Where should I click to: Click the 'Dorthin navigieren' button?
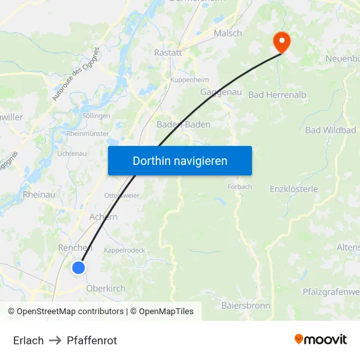point(180,160)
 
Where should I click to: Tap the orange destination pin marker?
point(282,43)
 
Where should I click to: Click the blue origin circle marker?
point(79,267)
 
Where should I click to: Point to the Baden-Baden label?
point(183,124)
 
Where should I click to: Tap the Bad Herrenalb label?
point(278,95)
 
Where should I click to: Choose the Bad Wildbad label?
point(331,130)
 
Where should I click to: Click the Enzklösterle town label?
point(294,189)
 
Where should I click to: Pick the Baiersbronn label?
point(246,305)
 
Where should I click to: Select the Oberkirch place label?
point(105,288)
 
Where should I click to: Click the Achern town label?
point(103,217)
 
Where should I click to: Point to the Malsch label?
point(228,33)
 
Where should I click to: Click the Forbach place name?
point(239,187)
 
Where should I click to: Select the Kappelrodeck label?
point(124,250)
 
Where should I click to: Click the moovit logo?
point(321,339)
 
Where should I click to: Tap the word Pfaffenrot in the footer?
point(92,340)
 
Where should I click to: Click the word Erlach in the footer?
point(28,340)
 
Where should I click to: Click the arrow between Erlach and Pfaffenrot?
point(55,340)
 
